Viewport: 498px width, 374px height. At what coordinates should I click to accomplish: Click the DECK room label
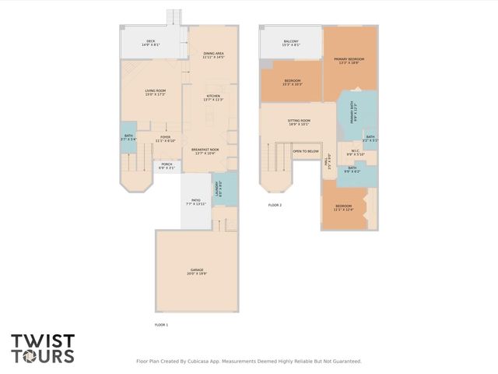(151, 43)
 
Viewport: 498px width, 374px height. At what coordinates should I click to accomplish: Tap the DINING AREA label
(213, 55)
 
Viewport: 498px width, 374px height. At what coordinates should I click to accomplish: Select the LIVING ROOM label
(156, 93)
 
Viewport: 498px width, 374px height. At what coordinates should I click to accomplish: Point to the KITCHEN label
(213, 98)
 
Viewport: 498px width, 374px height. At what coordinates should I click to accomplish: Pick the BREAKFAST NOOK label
(205, 151)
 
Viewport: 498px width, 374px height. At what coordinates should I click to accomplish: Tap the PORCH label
(167, 166)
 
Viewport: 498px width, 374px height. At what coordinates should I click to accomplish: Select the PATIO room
(196, 202)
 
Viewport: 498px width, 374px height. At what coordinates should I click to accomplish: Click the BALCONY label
(290, 43)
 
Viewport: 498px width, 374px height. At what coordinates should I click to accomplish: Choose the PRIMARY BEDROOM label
(349, 61)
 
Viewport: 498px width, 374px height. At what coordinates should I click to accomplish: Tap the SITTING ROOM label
(300, 122)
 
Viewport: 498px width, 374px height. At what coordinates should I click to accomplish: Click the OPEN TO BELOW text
(306, 151)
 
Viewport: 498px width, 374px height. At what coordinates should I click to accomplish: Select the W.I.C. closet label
(355, 153)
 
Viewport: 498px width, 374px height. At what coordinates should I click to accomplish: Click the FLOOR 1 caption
(161, 324)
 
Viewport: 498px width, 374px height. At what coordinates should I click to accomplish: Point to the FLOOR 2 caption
(275, 205)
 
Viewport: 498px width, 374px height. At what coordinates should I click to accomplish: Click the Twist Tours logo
(43, 348)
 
